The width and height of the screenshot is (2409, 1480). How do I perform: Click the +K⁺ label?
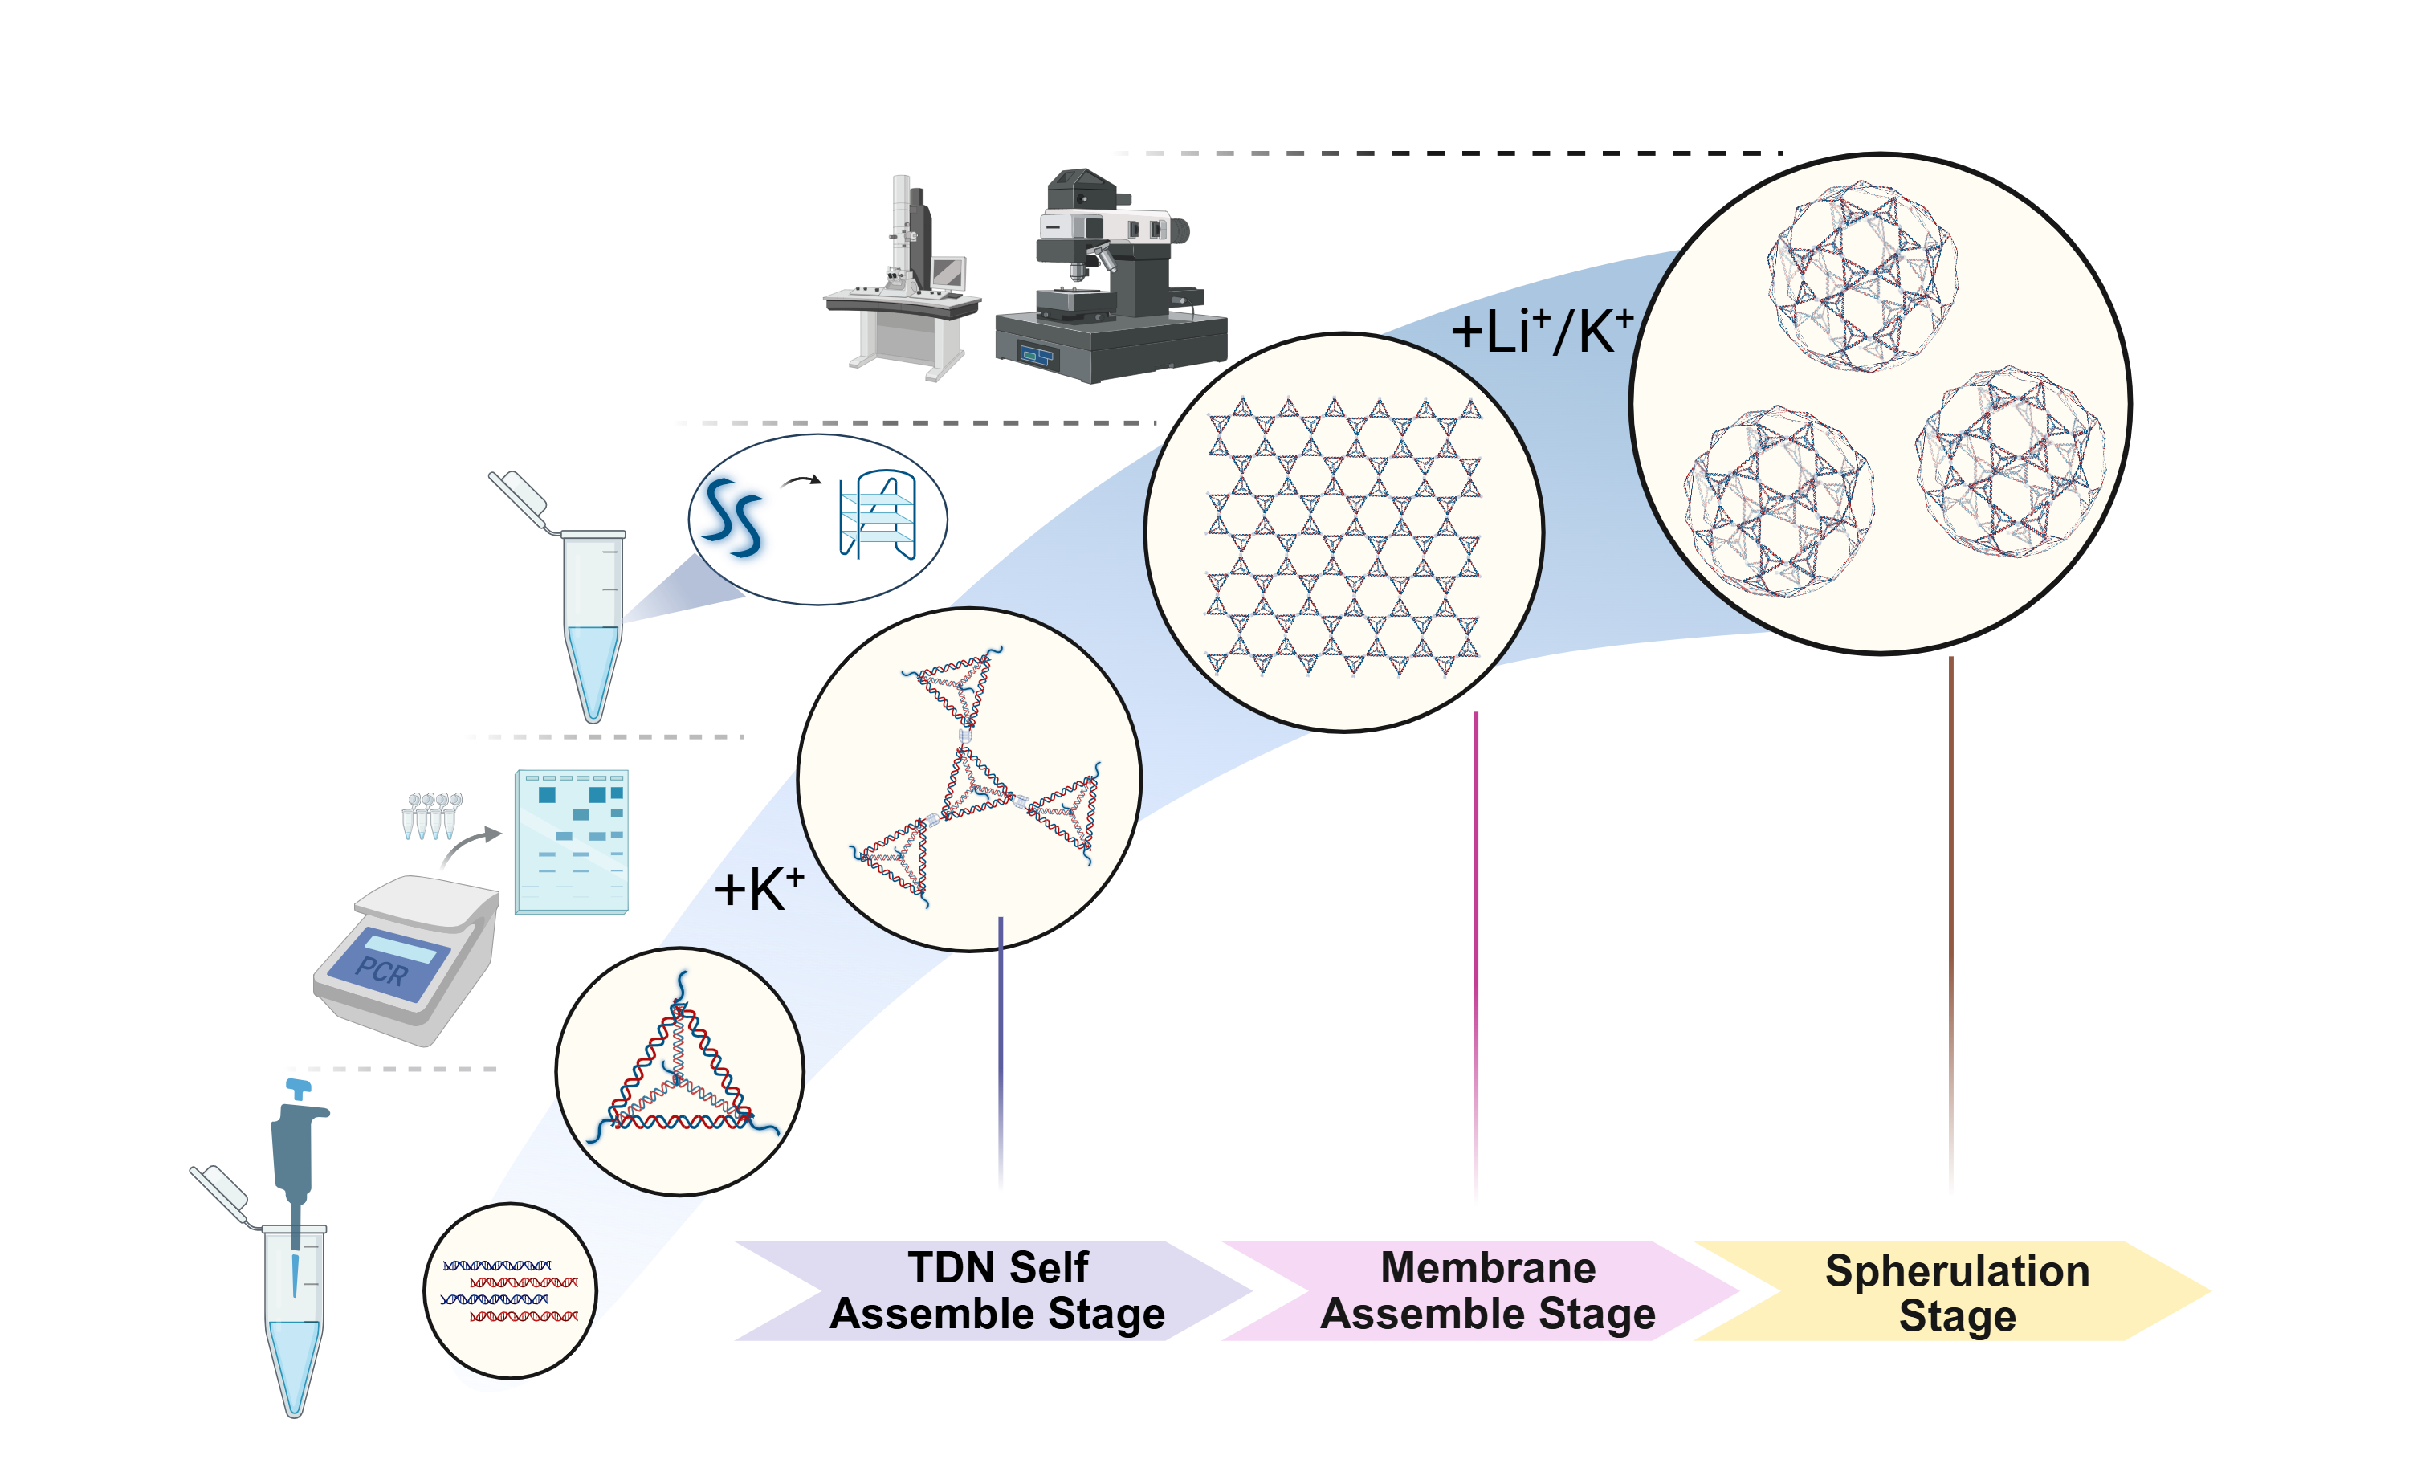pyautogui.click(x=758, y=890)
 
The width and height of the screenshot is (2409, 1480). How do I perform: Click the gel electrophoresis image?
pyautogui.click(x=572, y=842)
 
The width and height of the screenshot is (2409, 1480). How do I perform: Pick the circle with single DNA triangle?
pyautogui.click(x=680, y=1072)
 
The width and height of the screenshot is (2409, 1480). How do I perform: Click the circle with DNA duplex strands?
pyautogui.click(x=511, y=1290)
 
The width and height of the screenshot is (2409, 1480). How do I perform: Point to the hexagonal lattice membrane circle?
pyautogui.click(x=1343, y=533)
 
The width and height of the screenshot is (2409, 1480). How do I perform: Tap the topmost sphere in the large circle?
pyautogui.click(x=1862, y=276)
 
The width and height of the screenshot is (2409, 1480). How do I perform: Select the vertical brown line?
pyautogui.click(x=1951, y=925)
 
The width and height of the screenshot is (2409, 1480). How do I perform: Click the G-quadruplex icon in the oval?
pyautogui.click(x=878, y=516)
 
